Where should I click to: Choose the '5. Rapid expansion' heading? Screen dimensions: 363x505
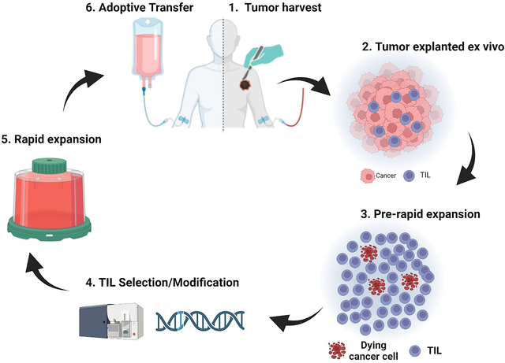[53, 139]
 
